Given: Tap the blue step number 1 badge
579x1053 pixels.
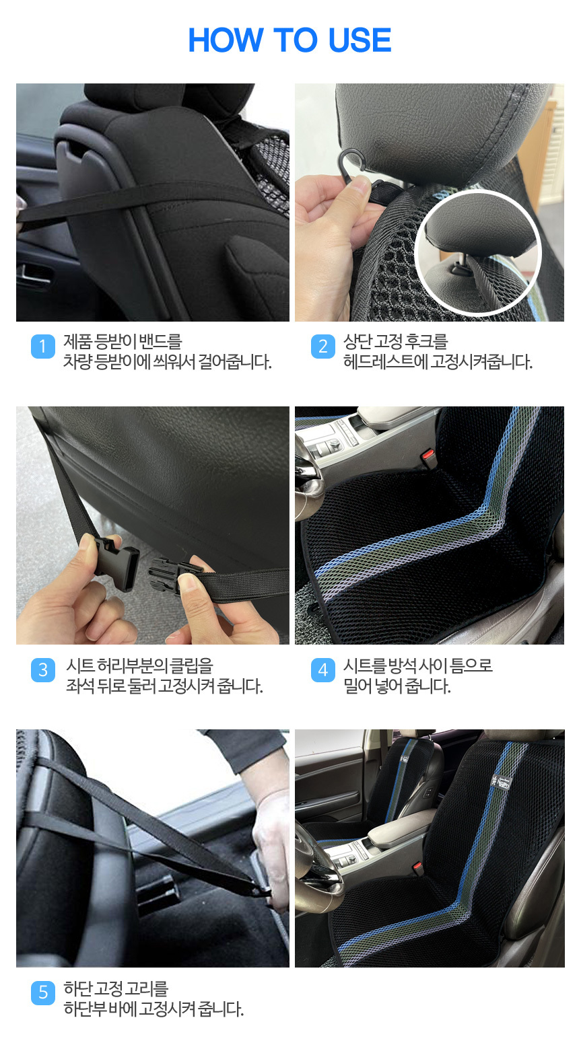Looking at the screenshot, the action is coord(43,347).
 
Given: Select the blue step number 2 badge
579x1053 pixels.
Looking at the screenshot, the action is coord(323,347).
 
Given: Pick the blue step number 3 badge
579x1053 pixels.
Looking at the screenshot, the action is coord(43,670).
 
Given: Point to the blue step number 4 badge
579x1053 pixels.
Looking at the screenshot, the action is coord(323,670).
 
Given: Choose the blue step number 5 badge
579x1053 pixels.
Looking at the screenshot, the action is coord(43,993).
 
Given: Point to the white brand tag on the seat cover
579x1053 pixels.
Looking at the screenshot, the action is coord(501,782).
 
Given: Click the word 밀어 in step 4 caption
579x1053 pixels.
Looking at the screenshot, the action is coord(357,686).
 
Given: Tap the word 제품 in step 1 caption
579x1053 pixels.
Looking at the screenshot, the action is coord(77,341).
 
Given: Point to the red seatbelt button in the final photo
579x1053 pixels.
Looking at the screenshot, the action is coord(416,865).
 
